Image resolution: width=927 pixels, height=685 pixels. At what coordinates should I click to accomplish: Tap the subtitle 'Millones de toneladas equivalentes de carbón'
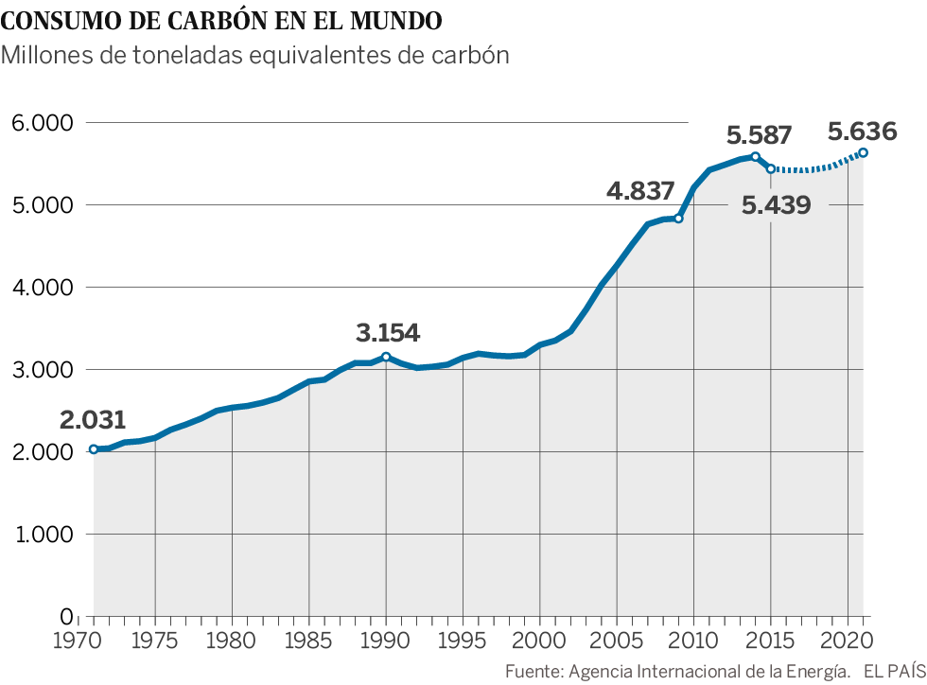pyautogui.click(x=255, y=56)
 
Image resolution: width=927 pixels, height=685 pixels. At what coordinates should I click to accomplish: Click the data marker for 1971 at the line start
pyautogui.click(x=93, y=449)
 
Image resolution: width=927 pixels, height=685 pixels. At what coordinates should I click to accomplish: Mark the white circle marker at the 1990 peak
pyautogui.click(x=386, y=357)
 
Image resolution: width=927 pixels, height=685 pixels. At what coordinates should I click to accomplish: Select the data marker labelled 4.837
pyautogui.click(x=678, y=219)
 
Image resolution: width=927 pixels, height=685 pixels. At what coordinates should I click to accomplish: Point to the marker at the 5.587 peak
pyautogui.click(x=755, y=156)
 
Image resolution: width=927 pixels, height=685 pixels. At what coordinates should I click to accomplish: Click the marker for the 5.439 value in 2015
pyautogui.click(x=771, y=168)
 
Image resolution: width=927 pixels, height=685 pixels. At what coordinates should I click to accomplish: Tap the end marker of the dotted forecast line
pyautogui.click(x=864, y=152)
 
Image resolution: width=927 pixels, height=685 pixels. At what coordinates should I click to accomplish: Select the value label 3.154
pyautogui.click(x=388, y=333)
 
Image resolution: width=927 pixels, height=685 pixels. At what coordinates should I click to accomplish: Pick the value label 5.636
pyautogui.click(x=862, y=129)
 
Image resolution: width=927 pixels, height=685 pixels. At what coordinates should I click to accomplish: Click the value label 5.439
pyautogui.click(x=776, y=205)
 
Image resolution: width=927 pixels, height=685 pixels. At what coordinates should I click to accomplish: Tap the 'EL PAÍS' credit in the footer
pyautogui.click(x=890, y=672)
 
